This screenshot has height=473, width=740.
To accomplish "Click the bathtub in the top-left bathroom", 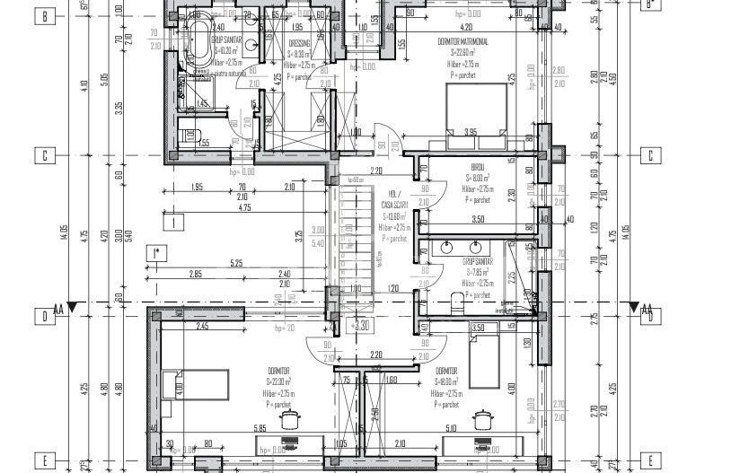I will [198, 41].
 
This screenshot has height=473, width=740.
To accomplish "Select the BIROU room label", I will [477, 167].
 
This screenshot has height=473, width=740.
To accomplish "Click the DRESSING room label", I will [299, 42].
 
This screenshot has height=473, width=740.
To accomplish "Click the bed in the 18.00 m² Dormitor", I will [482, 356].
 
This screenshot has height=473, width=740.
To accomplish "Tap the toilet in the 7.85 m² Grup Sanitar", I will [457, 299].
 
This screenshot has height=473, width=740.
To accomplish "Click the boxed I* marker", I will [156, 253].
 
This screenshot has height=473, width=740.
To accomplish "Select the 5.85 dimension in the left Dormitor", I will [260, 429].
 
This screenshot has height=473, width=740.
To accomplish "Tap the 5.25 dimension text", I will [237, 263].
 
